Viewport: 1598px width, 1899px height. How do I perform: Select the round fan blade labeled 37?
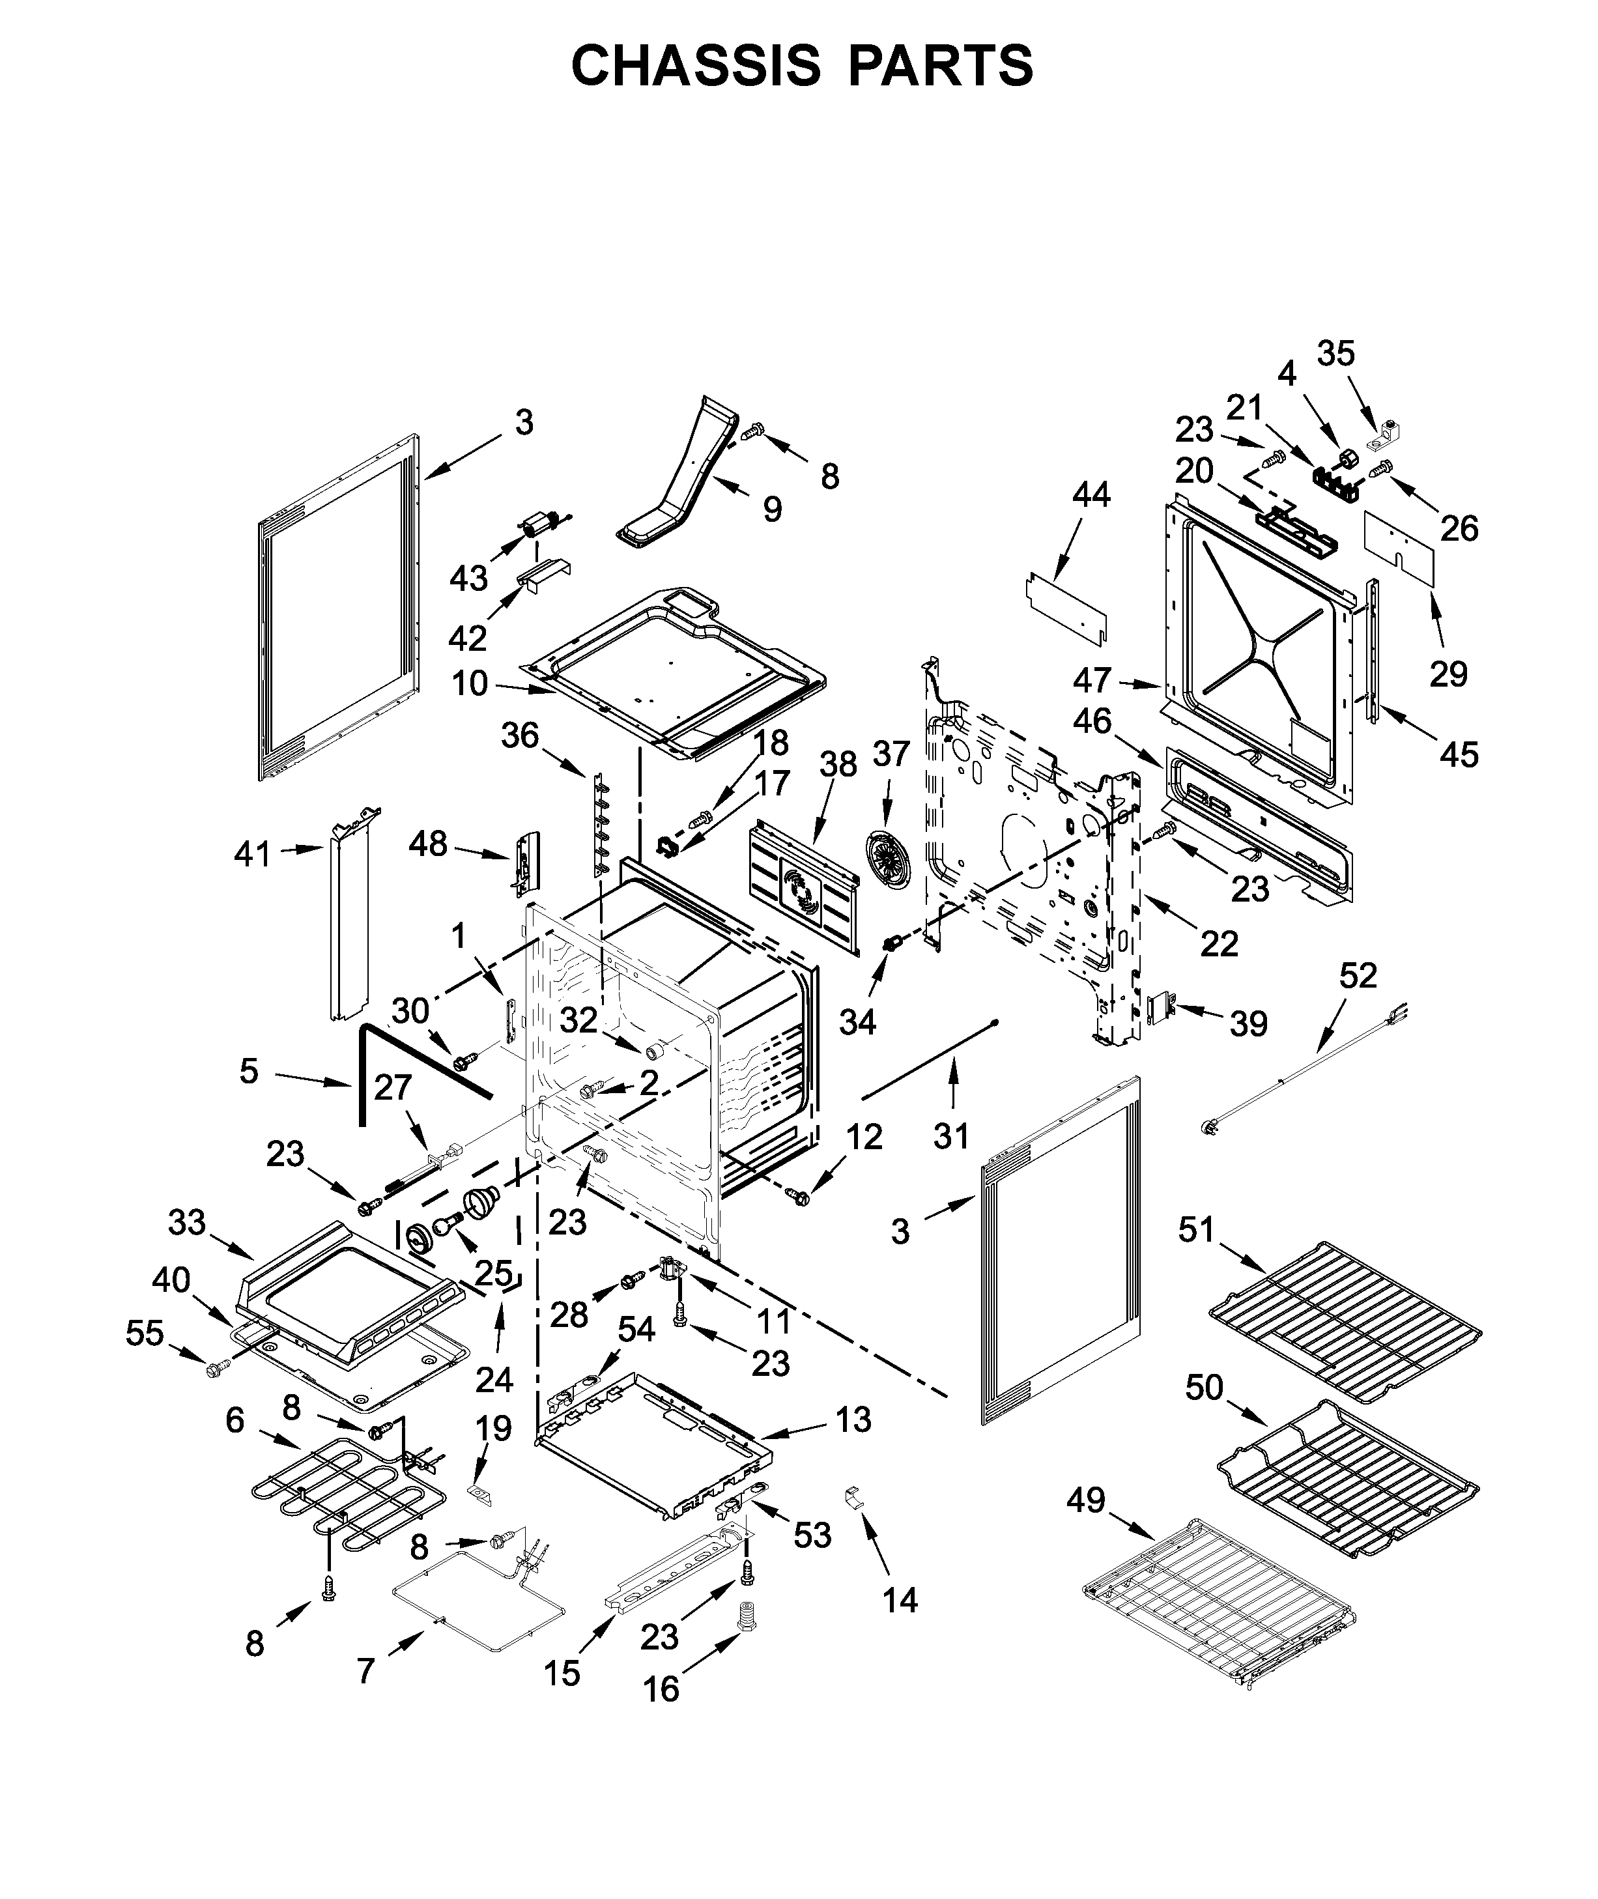click(887, 855)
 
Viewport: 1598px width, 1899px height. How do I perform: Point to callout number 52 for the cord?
click(1358, 975)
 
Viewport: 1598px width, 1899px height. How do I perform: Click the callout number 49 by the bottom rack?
click(1085, 1500)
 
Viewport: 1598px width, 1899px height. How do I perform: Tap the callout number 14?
click(900, 1600)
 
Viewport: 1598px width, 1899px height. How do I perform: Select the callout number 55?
click(145, 1333)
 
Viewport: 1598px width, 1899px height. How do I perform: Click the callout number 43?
click(468, 577)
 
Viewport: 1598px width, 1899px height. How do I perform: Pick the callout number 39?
click(1248, 1024)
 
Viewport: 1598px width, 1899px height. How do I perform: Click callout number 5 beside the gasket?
click(249, 1071)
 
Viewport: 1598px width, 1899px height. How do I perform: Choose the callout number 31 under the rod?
click(951, 1135)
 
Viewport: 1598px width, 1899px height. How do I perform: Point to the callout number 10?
click(469, 683)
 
